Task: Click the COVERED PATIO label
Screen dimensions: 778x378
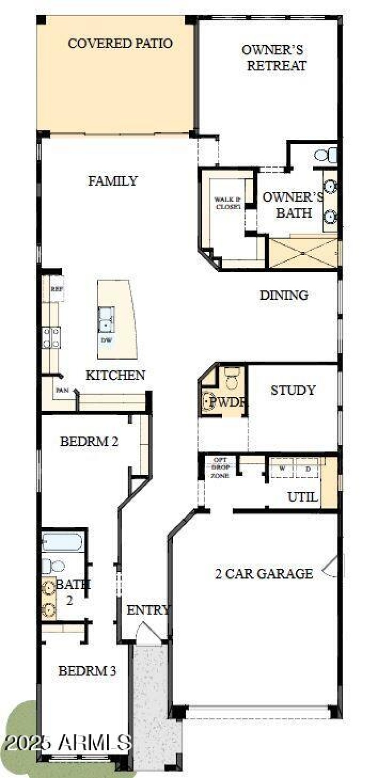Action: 120,43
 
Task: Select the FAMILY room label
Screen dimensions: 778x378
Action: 112,181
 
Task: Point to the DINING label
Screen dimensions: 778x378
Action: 284,295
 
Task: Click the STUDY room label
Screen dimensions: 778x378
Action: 293,391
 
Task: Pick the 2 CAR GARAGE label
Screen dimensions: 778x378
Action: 264,574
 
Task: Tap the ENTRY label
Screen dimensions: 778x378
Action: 148,610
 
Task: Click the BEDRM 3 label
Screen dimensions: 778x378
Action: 87,671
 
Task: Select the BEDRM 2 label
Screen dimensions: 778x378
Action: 89,442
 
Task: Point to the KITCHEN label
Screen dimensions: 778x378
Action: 115,376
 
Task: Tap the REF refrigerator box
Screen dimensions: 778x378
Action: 57,290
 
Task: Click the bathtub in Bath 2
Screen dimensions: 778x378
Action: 62,542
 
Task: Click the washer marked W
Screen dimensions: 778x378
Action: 282,469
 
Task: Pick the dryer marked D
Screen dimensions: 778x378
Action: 308,469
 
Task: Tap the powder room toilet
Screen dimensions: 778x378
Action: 232,378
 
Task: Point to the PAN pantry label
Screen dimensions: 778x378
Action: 61,391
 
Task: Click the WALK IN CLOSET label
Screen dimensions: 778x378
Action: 228,203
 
